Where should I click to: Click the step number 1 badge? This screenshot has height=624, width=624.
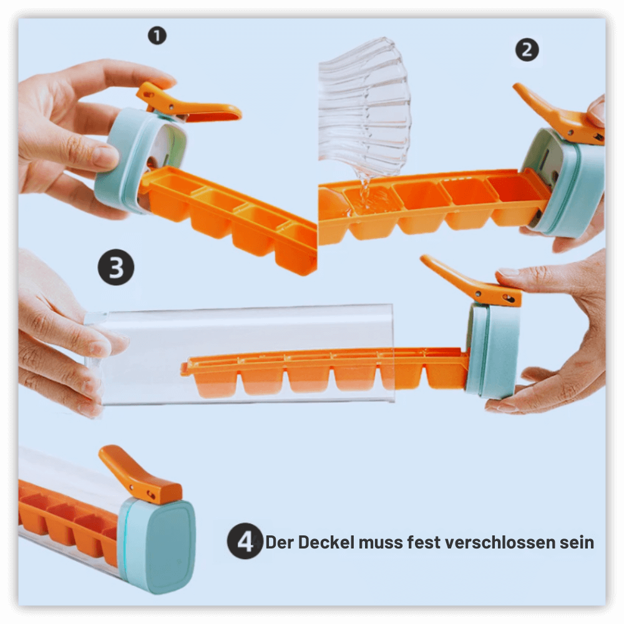[x=157, y=36]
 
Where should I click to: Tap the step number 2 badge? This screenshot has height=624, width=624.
[x=527, y=50]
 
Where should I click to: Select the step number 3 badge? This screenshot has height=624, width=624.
[x=116, y=267]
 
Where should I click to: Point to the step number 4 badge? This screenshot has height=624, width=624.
[x=245, y=541]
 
